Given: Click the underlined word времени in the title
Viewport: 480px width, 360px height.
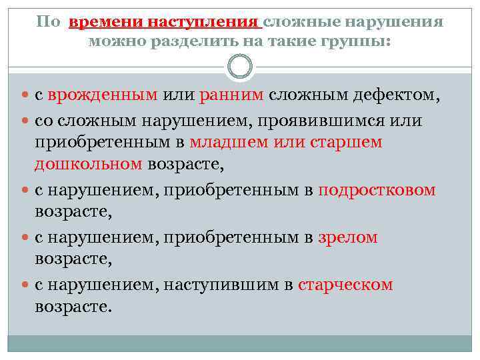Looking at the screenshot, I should point(106,23).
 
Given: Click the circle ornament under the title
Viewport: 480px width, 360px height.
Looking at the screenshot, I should point(240,67).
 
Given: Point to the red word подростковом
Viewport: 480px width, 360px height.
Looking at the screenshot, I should point(377,190).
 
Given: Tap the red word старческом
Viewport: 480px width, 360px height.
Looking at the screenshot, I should point(345,285).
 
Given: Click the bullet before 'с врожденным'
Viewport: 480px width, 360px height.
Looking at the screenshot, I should point(25,95).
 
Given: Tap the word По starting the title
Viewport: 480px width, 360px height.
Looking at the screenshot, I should point(48,23).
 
